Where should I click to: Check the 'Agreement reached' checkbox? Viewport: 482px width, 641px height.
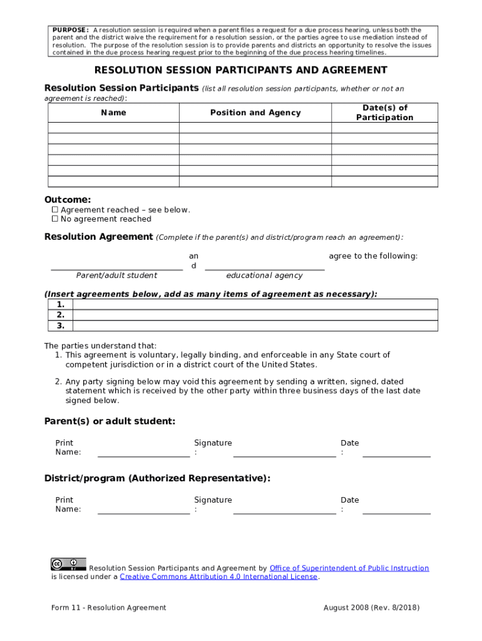[x=54, y=210]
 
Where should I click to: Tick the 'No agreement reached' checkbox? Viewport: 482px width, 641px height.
[x=54, y=219]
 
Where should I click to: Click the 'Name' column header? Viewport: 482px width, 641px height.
[x=113, y=113]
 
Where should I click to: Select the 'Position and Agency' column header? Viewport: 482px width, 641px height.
[x=255, y=113]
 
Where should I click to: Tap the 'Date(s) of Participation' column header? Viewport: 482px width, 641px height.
[x=384, y=113]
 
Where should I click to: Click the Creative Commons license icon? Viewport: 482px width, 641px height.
[x=68, y=563]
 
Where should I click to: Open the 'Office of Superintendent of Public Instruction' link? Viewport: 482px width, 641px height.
[x=349, y=568]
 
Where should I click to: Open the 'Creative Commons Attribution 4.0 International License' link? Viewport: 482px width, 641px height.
[x=218, y=577]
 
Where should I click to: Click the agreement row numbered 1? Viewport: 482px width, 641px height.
[x=255, y=305]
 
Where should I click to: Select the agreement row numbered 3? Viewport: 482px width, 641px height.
[x=255, y=326]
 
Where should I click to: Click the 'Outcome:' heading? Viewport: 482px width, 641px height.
[x=67, y=200]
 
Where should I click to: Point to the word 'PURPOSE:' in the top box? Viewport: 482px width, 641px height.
[x=70, y=30]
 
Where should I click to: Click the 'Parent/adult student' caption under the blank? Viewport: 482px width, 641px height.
[x=116, y=275]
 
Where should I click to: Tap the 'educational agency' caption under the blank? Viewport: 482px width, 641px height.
[x=264, y=275]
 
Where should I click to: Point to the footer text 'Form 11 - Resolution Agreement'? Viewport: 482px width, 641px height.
[x=109, y=608]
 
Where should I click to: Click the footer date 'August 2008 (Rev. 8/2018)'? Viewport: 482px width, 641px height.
[x=371, y=608]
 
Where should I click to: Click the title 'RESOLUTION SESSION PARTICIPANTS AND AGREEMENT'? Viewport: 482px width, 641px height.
[x=241, y=70]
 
